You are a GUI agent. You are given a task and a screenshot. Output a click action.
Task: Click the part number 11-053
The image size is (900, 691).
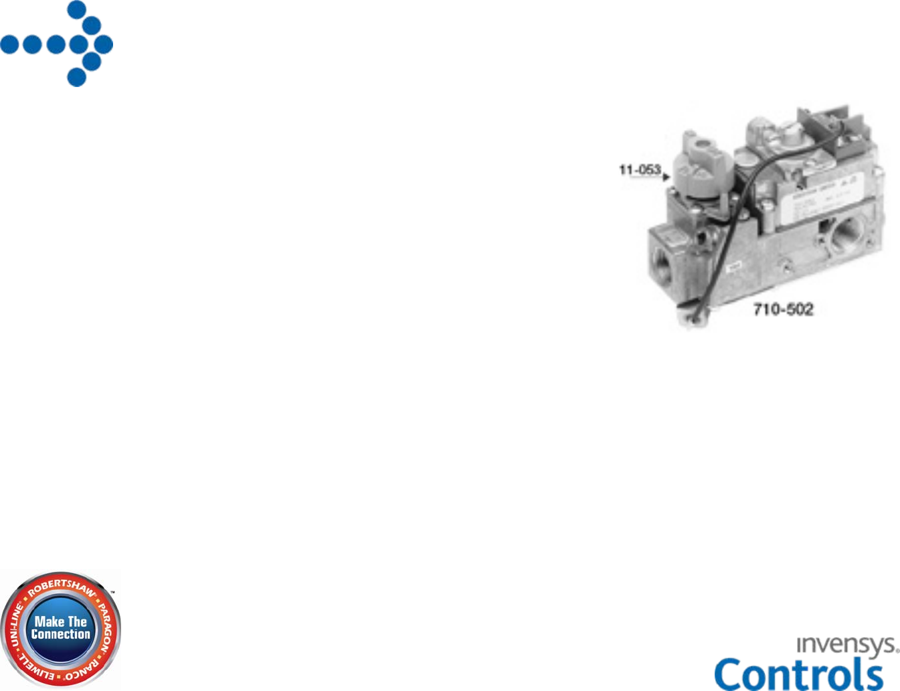(639, 169)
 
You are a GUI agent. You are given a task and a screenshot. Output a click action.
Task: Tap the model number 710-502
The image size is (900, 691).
(783, 309)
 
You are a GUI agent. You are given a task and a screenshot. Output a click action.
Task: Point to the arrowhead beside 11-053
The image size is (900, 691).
(666, 177)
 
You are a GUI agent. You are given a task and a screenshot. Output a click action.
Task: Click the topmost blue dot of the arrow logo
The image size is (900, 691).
(78, 9)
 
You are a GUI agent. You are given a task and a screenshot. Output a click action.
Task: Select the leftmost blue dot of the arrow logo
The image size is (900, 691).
(9, 45)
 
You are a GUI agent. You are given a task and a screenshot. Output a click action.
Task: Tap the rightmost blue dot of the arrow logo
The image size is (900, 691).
(104, 45)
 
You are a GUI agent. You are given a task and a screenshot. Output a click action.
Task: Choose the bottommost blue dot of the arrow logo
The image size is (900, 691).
(78, 78)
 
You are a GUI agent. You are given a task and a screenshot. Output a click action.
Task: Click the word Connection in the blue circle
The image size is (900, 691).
(61, 634)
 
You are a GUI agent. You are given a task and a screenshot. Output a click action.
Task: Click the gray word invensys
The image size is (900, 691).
(846, 646)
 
